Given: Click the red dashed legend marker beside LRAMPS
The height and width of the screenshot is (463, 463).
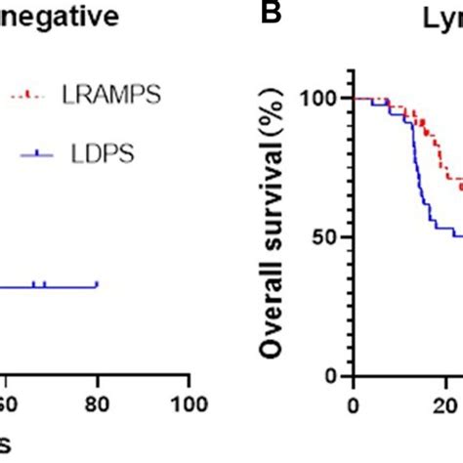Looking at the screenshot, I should tap(27, 95).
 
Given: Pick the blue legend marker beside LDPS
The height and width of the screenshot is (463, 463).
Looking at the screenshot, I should tap(27, 152).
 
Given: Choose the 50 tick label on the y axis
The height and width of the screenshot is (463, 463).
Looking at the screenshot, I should tap(329, 237).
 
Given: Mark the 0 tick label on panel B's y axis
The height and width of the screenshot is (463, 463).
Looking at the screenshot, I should tap(334, 376).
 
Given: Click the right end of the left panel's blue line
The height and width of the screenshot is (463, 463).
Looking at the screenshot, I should tap(97, 285).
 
